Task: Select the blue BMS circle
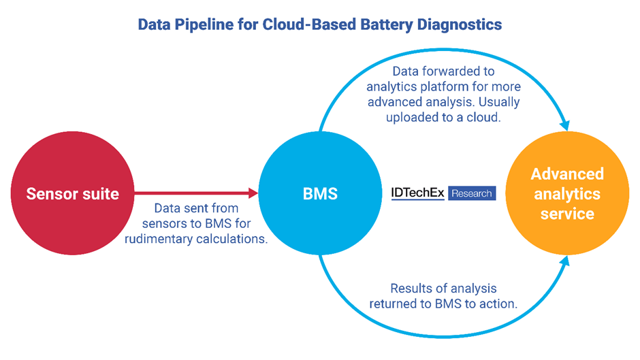point(320,193)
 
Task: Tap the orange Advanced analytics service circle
point(566,193)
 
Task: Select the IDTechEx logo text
point(417,193)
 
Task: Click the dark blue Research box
point(472,193)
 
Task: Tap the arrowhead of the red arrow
point(253,193)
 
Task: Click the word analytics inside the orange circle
point(566,193)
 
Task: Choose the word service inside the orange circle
point(566,214)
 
